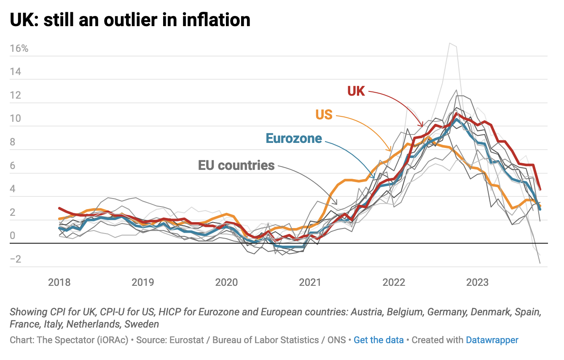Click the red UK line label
(x=356, y=91)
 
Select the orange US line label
(x=324, y=114)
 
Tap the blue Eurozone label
(x=294, y=138)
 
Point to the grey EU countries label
(x=236, y=165)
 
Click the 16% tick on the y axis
(x=19, y=48)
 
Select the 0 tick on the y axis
(x=12, y=236)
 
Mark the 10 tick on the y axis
(x=15, y=118)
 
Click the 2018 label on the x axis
(x=59, y=282)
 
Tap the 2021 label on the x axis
(x=310, y=282)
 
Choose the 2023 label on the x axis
(x=478, y=282)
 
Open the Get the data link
(x=379, y=340)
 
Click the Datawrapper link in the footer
(x=492, y=340)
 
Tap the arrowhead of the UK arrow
(x=421, y=125)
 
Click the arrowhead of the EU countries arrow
(x=336, y=204)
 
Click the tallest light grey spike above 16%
(x=450, y=43)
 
